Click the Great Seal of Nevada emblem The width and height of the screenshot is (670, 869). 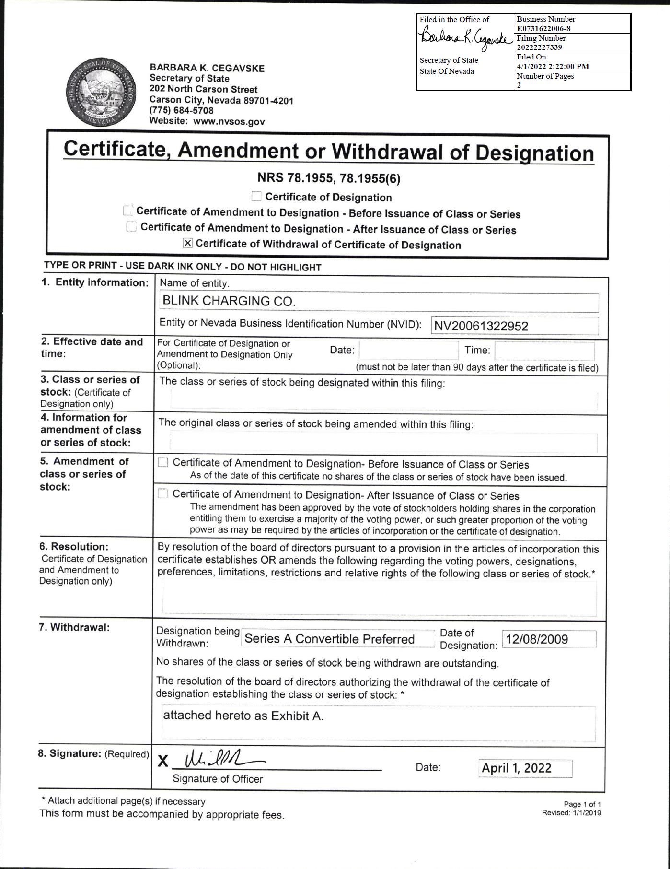pos(101,94)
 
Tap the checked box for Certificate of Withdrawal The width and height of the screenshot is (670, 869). pos(188,243)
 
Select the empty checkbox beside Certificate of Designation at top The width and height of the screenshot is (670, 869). pos(257,197)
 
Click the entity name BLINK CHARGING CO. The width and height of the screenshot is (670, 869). pos(229,301)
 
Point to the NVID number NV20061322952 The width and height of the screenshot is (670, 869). pos(481,326)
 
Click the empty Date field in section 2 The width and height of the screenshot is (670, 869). pos(408,351)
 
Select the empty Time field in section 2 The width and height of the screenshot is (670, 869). pos(544,351)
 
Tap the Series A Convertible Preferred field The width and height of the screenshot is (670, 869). pos(330,639)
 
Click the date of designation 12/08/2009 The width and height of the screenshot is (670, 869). pos(537,639)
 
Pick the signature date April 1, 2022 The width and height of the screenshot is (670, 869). pos(517,768)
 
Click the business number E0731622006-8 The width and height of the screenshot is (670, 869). pos(543,28)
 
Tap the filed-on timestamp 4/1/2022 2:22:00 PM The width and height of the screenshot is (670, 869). pos(553,66)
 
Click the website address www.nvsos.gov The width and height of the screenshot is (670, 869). pos(229,122)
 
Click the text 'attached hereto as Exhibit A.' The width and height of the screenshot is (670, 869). pos(243,716)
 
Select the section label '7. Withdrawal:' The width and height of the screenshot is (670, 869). pos(74,627)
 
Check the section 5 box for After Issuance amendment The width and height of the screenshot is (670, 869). pos(163,493)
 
